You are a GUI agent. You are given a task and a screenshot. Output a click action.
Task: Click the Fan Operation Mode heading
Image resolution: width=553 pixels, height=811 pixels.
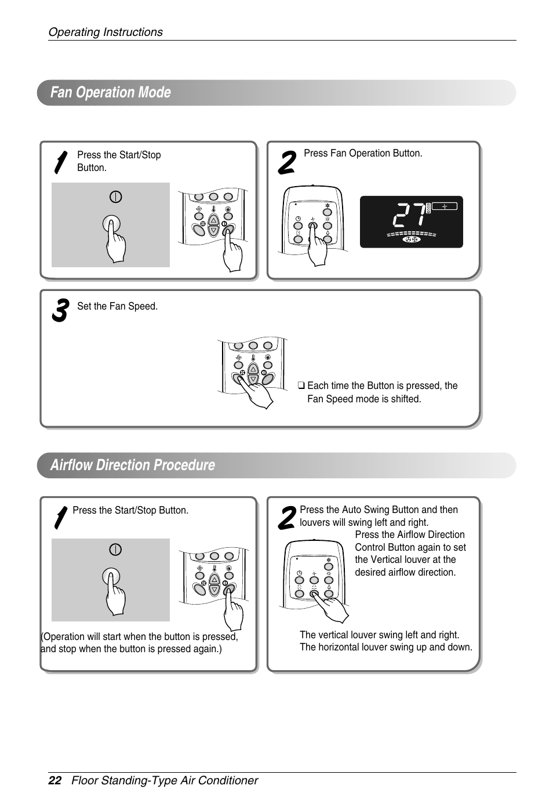110,93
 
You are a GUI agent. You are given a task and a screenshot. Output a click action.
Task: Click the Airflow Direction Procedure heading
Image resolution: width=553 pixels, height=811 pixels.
132,465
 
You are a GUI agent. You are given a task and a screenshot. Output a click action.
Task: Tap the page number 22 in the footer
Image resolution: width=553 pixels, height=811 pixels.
54,780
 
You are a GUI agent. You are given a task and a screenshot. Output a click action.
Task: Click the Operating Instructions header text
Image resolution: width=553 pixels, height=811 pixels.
105,32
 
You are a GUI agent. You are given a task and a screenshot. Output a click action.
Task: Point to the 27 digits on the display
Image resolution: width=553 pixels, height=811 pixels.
409,216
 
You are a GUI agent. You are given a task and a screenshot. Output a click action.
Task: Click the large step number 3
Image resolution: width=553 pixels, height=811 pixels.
60,311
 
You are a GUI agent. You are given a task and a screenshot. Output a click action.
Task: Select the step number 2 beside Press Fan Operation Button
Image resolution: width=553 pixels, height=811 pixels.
286,162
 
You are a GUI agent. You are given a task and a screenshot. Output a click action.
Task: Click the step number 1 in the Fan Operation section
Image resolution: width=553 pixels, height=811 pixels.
59,163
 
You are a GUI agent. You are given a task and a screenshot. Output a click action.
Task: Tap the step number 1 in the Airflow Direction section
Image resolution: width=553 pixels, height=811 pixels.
59,518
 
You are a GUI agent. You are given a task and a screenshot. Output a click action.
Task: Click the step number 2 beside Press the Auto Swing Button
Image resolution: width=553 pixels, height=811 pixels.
286,518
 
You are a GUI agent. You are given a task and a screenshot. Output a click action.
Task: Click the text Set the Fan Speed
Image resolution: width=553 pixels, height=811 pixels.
117,306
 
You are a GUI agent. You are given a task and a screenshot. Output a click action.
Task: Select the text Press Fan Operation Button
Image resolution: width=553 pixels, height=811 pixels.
363,153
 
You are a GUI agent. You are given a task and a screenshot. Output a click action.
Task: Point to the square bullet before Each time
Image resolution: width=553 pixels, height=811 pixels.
301,386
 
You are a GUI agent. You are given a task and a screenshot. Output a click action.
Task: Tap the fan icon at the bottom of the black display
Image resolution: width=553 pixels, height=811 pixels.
411,239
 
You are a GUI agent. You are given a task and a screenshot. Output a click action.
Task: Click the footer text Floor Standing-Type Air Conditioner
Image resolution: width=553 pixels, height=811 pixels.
165,780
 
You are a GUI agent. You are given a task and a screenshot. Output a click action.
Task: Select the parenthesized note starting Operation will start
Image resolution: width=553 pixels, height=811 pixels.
139,643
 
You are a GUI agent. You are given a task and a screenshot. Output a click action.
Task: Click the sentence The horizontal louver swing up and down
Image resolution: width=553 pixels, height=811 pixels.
385,647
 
